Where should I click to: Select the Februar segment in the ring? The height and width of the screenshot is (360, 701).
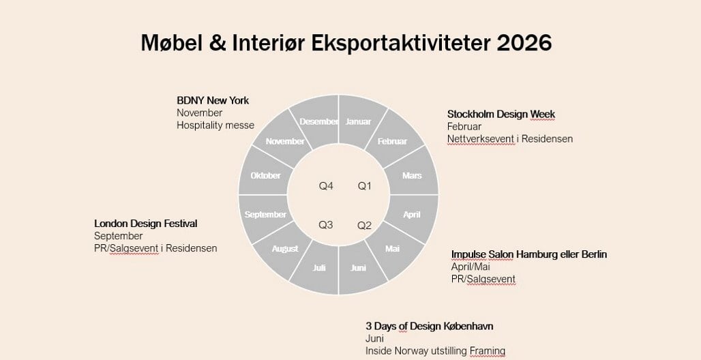click(393, 140)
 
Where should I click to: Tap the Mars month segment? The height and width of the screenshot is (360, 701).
click(412, 173)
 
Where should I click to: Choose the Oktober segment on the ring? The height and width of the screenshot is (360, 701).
click(265, 173)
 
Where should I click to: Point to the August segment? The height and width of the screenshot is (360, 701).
click(284, 250)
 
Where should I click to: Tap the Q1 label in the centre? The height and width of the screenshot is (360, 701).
click(364, 186)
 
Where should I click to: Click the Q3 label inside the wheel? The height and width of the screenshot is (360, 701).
click(325, 225)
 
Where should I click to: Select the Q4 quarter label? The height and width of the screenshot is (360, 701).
click(326, 186)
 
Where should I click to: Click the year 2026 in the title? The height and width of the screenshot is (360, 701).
click(524, 43)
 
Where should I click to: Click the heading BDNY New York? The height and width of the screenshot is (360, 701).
click(213, 100)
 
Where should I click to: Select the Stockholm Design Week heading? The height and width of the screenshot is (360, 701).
click(501, 114)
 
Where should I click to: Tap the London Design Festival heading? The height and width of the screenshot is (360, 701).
click(146, 223)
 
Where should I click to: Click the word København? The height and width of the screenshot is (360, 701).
click(468, 326)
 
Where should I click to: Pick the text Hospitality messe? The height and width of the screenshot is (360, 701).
click(215, 125)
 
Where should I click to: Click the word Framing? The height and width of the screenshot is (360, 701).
click(488, 352)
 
